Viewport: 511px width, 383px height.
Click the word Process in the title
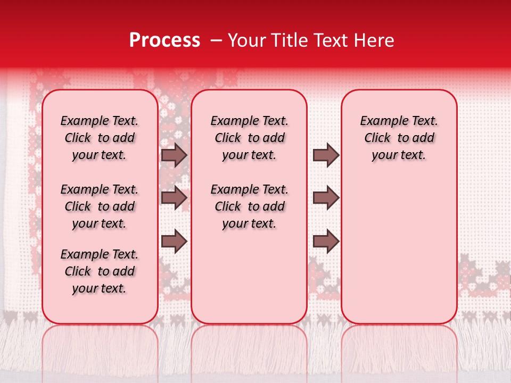tap(164, 40)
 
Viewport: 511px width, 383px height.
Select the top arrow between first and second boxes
tap(174, 155)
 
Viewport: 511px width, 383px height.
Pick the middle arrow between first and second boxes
tap(174, 198)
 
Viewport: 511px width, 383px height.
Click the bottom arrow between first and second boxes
tap(174, 242)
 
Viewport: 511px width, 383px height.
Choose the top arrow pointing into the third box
tap(326, 155)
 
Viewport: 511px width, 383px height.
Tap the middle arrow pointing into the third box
tap(326, 198)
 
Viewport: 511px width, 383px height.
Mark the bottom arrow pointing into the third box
tap(326, 242)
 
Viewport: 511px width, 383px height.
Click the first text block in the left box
tap(100, 138)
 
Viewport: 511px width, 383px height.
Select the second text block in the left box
tap(100, 206)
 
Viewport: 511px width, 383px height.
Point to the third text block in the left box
tap(100, 271)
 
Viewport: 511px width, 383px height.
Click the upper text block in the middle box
tap(249, 138)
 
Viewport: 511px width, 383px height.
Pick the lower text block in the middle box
tap(249, 206)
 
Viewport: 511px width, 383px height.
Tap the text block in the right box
tap(399, 138)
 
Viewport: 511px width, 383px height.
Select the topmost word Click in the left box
tap(78, 138)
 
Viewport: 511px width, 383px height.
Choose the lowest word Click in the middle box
tap(228, 206)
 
